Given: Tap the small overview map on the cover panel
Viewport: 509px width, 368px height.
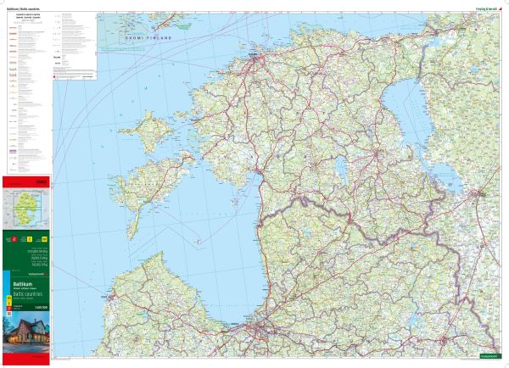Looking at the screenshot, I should pos(27,207).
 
